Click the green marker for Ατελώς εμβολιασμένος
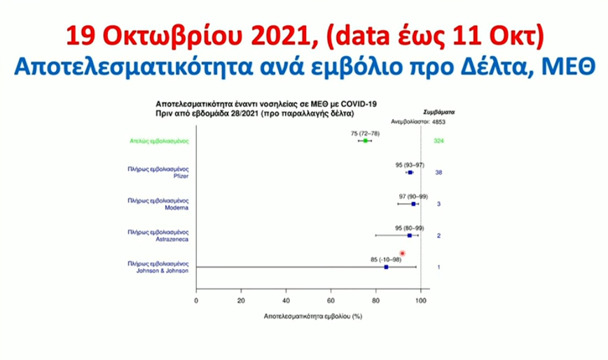tap(365, 141)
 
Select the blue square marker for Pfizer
tap(410, 172)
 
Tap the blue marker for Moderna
tap(414, 204)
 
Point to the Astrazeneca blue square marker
tap(410, 235)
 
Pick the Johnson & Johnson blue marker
tap(386, 267)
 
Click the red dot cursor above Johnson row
tap(402, 253)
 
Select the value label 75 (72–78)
tap(365, 132)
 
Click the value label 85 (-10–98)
tap(386, 259)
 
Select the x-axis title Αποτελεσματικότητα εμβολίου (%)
tap(312, 317)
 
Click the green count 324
tap(439, 141)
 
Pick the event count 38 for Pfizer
tap(438, 172)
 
